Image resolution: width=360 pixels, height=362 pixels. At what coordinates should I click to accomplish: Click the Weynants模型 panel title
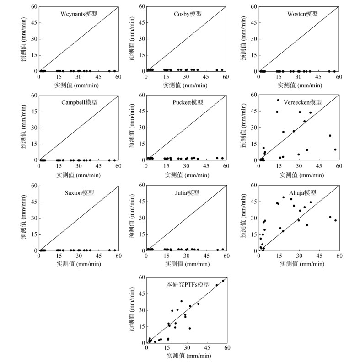pyautogui.click(x=79, y=13)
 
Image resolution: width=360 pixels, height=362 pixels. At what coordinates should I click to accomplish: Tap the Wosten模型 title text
pyautogui.click(x=302, y=13)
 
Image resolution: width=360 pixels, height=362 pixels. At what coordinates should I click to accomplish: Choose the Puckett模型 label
pyautogui.click(x=188, y=102)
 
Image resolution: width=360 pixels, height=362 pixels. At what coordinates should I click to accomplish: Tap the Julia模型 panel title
pyautogui.click(x=187, y=193)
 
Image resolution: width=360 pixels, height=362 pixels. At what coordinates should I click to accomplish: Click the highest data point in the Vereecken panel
pyautogui.click(x=278, y=100)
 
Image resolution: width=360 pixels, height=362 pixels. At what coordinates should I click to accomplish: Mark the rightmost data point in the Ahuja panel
pyautogui.click(x=335, y=220)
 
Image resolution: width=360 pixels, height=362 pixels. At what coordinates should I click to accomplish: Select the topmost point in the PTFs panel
pyautogui.click(x=223, y=281)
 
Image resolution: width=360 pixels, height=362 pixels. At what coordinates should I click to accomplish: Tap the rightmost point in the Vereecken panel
pyautogui.click(x=335, y=149)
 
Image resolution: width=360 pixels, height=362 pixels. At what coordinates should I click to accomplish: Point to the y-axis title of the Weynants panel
pyautogui.click(x=24, y=39)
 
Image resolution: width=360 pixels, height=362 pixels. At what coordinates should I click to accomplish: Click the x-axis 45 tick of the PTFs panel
pyautogui.click(x=207, y=348)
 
